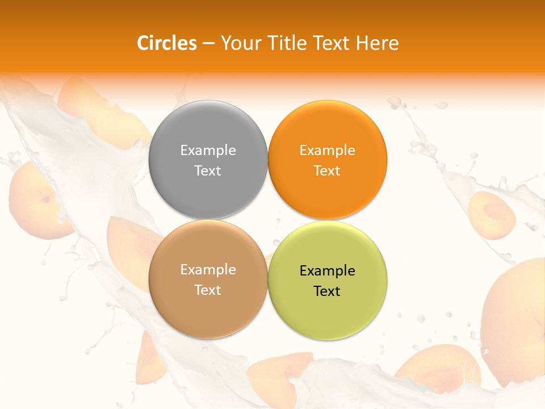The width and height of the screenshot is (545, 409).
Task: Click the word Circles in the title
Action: (166, 43)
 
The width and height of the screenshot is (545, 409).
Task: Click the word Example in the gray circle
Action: (208, 150)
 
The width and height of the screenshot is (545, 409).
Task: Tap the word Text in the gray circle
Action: (208, 170)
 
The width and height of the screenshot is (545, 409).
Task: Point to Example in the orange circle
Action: (327, 150)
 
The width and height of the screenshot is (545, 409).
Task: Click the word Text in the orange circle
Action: (327, 170)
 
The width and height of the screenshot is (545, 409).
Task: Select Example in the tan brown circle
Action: (208, 270)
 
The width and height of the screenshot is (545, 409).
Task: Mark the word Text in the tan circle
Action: (208, 290)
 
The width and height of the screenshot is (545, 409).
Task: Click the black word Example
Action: (327, 271)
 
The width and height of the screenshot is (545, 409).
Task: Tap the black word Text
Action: (327, 291)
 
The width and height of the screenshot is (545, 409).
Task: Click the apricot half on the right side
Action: (492, 215)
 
